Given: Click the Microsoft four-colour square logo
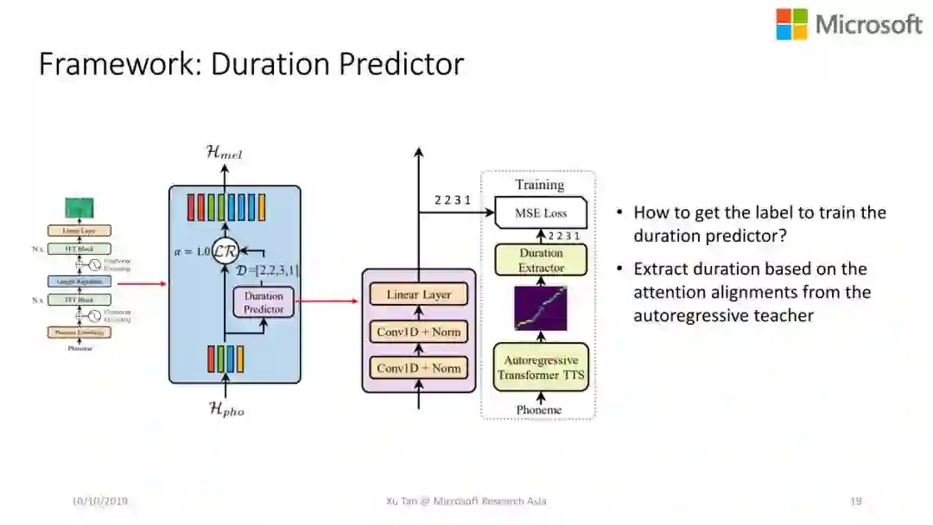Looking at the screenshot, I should [791, 24].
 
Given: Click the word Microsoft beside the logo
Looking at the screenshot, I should [868, 24].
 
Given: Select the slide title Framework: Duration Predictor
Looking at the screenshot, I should [251, 65].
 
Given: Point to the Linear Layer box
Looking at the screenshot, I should [418, 294].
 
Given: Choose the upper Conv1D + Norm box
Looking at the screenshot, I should [418, 331].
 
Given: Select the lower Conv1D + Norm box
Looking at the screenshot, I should [418, 368].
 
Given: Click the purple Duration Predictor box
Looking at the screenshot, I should [263, 302].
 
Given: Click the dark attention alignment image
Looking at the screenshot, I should [541, 308].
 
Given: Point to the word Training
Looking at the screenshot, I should [540, 185].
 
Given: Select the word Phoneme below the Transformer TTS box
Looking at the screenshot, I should [539, 409].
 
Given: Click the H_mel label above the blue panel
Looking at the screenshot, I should [225, 153].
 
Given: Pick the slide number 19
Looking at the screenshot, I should [856, 501].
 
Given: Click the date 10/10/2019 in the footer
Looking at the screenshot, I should [101, 501].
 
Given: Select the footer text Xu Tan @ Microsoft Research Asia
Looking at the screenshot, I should [466, 501].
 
